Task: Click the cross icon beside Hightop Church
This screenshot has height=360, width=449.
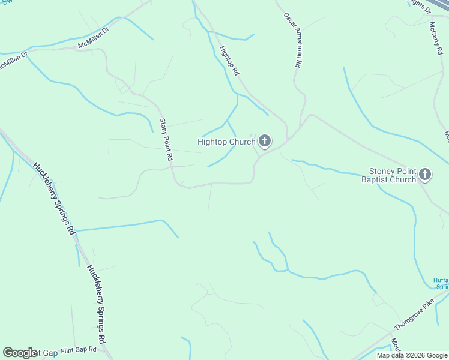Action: tap(265, 142)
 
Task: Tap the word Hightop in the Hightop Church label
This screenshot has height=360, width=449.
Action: tap(213, 142)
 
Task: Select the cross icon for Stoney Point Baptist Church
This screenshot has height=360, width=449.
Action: tap(425, 175)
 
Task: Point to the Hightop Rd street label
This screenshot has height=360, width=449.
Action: tap(229, 61)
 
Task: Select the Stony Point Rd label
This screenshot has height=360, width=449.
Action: tap(166, 140)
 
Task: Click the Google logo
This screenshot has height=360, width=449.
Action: tap(20, 353)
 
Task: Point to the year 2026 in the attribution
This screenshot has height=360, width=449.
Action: tap(414, 356)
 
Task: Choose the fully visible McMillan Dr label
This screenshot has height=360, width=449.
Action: tap(93, 37)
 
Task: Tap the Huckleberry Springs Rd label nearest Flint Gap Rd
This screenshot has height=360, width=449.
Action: tap(97, 304)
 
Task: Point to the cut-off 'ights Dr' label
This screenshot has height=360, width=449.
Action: tap(420, 6)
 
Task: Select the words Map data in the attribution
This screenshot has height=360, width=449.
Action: tap(391, 356)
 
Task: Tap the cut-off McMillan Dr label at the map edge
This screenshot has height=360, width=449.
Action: tap(13, 62)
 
